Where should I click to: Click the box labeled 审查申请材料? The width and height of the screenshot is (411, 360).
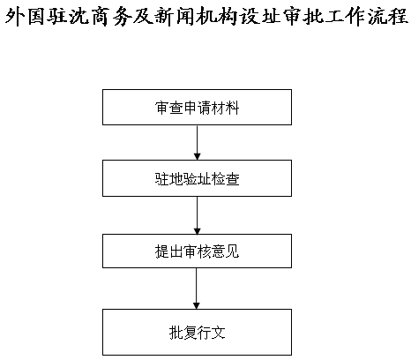(x=197, y=108)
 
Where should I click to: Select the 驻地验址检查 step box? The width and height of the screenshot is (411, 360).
(x=197, y=178)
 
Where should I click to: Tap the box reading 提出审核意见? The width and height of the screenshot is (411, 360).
(x=197, y=251)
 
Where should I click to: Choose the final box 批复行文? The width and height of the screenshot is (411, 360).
(x=197, y=332)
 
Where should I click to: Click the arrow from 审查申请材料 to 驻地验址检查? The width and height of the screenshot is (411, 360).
(x=198, y=143)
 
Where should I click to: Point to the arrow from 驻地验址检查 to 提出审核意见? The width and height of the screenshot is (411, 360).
(x=198, y=215)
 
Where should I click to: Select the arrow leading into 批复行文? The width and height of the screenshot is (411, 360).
(x=197, y=289)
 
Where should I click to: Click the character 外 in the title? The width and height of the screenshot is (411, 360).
(x=16, y=17)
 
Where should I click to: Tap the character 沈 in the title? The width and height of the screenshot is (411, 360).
(x=79, y=17)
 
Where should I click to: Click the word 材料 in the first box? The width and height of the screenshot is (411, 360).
(x=226, y=108)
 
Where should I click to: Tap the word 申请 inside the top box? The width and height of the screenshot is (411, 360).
(x=198, y=108)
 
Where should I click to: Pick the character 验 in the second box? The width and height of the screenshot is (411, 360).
(x=191, y=179)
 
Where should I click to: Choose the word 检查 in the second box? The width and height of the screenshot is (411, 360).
(x=226, y=179)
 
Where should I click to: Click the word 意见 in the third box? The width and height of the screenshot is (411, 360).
(x=226, y=251)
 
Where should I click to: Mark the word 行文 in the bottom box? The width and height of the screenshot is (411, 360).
(x=212, y=333)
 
